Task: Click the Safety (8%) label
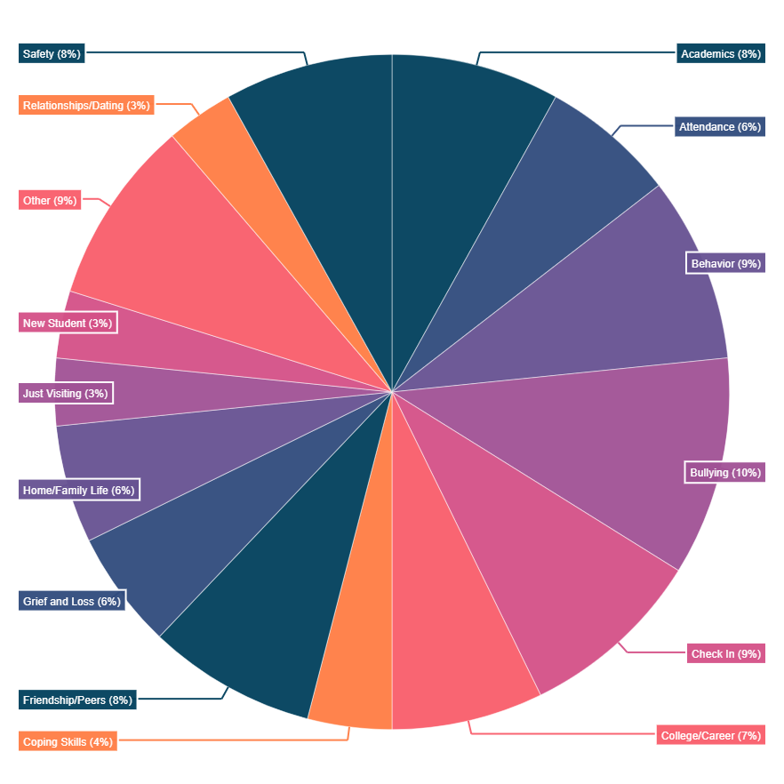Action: [x=52, y=53]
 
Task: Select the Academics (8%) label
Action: [x=720, y=53]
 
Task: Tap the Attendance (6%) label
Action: [x=719, y=127]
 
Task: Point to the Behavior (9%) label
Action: [x=725, y=264]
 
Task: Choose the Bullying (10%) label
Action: [x=725, y=473]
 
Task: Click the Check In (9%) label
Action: [x=725, y=654]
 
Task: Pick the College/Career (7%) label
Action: [x=710, y=736]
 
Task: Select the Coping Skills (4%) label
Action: [x=68, y=741]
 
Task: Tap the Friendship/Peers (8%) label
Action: [x=77, y=700]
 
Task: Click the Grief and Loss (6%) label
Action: [x=71, y=601]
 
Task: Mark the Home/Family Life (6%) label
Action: [x=78, y=490]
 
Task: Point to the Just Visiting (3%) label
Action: [x=65, y=393]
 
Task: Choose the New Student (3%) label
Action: [x=67, y=323]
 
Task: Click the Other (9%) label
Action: [x=50, y=200]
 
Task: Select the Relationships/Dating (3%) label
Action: [x=86, y=105]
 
